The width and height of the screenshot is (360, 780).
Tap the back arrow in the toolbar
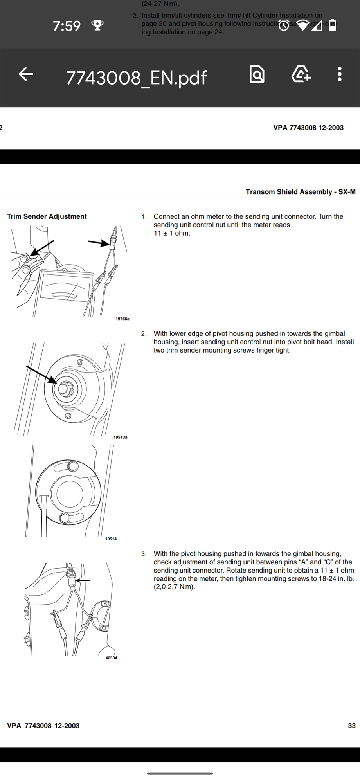point(26,74)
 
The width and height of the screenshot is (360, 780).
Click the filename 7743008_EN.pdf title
point(136,78)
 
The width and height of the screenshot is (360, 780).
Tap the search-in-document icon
point(257,74)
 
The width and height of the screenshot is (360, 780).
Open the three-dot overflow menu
point(339,74)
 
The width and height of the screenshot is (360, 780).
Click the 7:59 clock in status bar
point(67,26)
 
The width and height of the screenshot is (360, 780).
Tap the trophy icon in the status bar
point(97,25)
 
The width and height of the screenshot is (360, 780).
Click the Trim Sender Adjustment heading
point(47,216)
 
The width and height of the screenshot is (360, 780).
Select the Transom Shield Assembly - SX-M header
point(301,192)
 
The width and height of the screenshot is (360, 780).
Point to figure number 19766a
point(122,319)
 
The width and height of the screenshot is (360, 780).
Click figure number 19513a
point(120,437)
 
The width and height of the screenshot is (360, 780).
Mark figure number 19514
point(111,539)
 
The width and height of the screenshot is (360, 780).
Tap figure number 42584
point(111,658)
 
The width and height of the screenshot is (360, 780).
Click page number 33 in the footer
point(351,726)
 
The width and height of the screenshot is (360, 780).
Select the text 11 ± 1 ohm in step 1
point(172,233)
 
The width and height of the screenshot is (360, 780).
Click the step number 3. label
point(144,554)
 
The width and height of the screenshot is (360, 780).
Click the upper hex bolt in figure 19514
point(72,466)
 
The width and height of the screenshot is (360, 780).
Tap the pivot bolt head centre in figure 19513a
point(64,389)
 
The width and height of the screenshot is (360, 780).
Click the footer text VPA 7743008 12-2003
point(43,726)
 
